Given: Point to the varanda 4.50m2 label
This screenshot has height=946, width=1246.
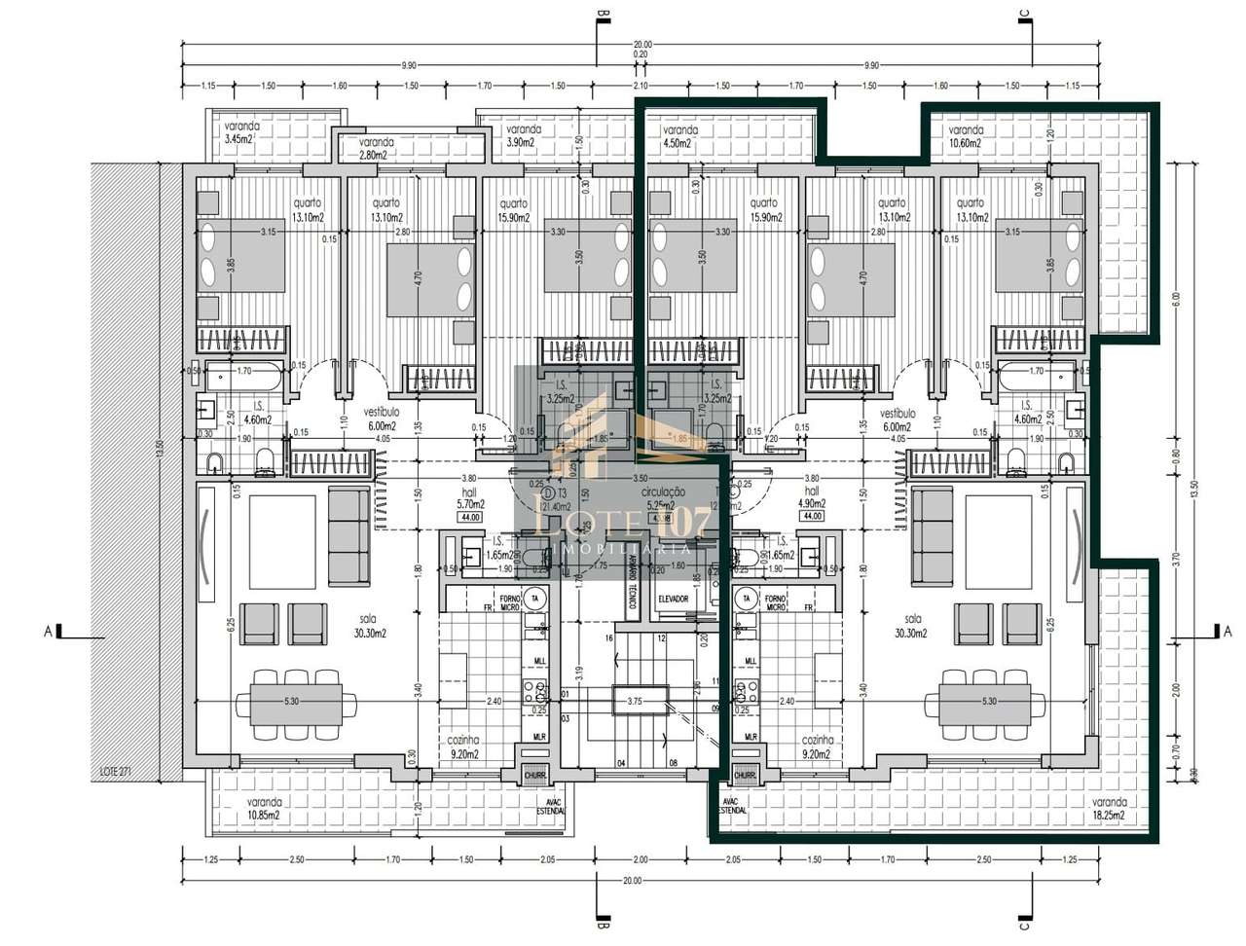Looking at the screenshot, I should (679, 136).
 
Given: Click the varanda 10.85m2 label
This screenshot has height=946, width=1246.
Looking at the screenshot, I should (251, 809).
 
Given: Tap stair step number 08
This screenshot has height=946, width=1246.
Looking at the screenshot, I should (673, 764).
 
